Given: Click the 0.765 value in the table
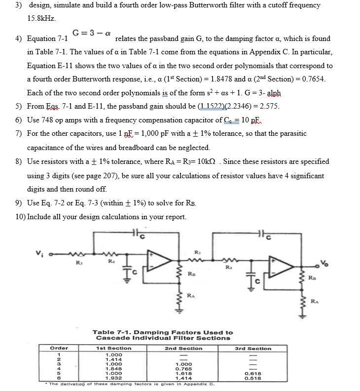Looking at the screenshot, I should pos(183,369).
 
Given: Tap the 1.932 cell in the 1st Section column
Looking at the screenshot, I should pos(113,378).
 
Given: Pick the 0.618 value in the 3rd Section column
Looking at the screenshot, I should pos(253,373).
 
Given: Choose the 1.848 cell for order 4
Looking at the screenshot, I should pos(113,369).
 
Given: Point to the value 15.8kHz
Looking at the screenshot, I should pos(41,18).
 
